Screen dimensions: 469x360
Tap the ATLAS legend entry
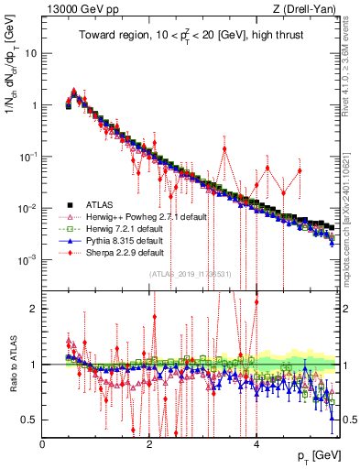pos(97,204)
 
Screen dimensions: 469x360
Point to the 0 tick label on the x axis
pos(43,444)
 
